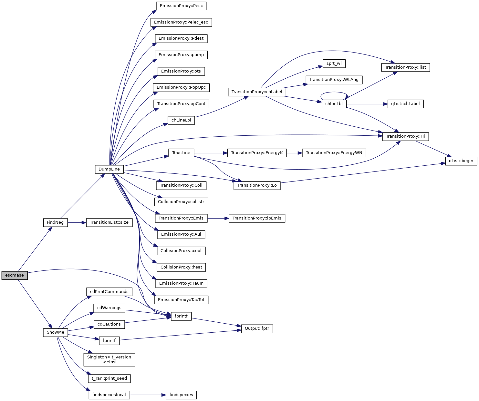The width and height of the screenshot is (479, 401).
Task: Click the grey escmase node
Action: tap(15, 275)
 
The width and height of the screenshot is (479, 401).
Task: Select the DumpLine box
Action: tap(109, 169)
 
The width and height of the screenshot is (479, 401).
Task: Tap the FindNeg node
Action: tap(55, 222)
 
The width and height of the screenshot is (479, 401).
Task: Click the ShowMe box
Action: tap(55, 332)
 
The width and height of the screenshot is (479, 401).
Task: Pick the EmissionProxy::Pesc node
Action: tap(181, 6)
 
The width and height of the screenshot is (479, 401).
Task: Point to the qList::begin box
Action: tap(461, 161)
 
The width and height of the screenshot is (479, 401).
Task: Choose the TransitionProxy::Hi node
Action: tap(405, 136)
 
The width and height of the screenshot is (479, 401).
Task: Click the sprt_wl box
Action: tap(334, 64)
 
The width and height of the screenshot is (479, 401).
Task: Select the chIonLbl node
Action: tap(334, 104)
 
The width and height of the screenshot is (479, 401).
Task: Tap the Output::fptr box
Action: tap(257, 328)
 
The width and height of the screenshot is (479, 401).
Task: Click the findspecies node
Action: tap(181, 395)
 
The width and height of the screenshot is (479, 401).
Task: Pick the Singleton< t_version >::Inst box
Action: tap(109, 359)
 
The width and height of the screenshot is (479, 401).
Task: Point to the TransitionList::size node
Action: tap(109, 222)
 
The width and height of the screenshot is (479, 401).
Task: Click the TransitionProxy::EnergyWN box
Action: tap(334, 153)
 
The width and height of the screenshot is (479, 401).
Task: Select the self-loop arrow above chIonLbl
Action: tap(334, 93)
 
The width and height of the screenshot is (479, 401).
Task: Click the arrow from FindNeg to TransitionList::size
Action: tap(77, 222)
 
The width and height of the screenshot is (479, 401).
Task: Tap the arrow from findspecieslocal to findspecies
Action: tap(148, 395)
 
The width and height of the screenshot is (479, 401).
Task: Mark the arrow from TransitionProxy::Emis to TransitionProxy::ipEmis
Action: tap(218, 218)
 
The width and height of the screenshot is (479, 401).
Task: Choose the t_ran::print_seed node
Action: tap(109, 378)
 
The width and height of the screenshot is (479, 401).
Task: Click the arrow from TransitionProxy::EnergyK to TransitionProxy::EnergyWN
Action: tap(294, 153)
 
